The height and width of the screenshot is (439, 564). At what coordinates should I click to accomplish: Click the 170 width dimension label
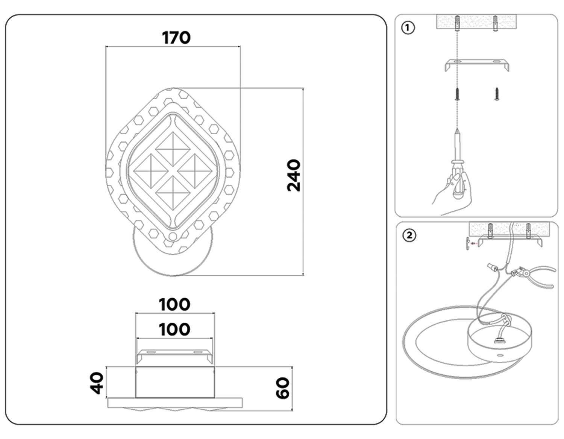(176, 38)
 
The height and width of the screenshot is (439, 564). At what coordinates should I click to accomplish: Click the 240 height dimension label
(294, 176)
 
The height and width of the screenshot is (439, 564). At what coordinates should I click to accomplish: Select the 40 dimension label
(97, 383)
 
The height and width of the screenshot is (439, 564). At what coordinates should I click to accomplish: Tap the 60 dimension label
(283, 388)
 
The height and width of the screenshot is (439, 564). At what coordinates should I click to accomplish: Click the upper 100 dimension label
(174, 304)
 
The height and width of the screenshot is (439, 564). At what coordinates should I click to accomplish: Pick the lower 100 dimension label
(174, 330)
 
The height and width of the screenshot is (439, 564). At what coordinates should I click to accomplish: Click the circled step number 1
(408, 27)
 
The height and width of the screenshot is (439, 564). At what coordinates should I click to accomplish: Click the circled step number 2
(409, 235)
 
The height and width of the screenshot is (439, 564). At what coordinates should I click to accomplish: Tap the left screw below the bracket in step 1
(457, 94)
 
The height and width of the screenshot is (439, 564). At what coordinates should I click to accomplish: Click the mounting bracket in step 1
(477, 64)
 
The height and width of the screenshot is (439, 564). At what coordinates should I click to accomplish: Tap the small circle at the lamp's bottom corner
(173, 237)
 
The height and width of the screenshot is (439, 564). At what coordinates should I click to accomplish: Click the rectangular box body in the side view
(175, 382)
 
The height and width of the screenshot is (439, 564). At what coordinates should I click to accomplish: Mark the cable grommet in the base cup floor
(499, 340)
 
